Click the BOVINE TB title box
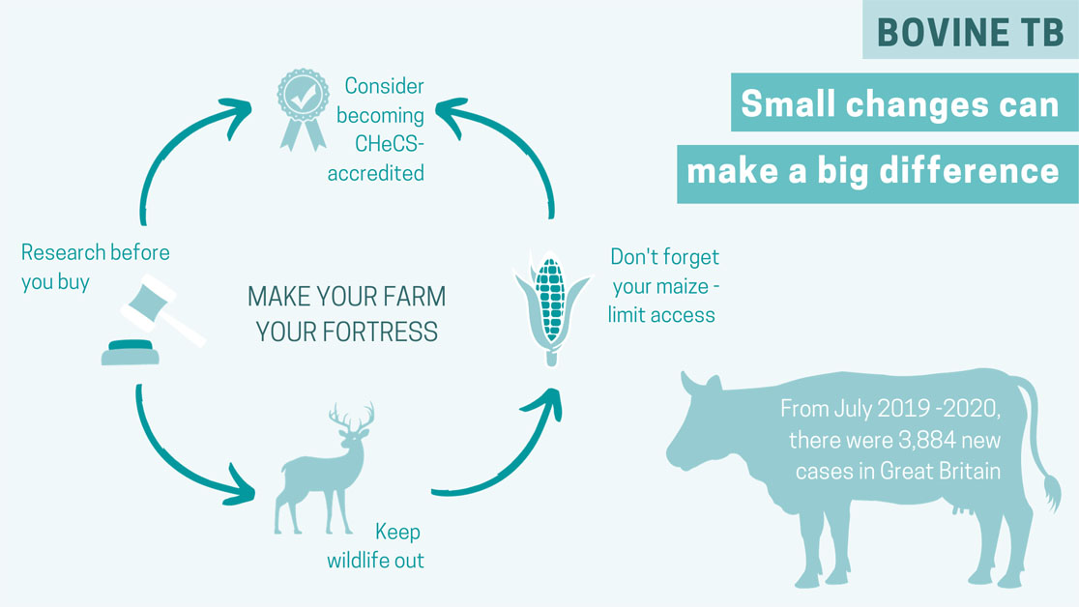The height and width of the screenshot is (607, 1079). tap(971, 31)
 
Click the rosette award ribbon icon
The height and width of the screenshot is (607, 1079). tap(303, 106)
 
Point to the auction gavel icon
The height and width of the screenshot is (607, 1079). tap(155, 319)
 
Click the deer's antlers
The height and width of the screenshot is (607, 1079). tap(351, 419)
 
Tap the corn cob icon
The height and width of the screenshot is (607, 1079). tap(551, 304)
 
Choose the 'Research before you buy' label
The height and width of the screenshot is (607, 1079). tap(95, 267)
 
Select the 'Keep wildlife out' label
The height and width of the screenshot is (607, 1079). tap(375, 546)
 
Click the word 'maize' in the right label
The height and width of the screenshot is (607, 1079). tap(683, 287)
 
